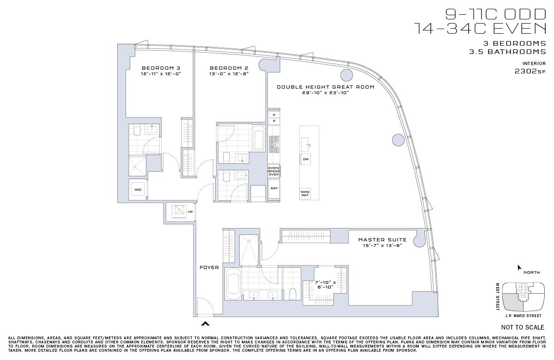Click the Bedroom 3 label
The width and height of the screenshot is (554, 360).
(x=161, y=68)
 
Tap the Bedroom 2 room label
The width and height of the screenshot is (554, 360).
(x=229, y=68)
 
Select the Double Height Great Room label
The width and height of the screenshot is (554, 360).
(x=325, y=87)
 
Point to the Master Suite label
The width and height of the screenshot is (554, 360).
(x=382, y=240)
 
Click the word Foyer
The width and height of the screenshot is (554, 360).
(x=209, y=268)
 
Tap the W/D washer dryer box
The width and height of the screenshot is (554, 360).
(x=138, y=190)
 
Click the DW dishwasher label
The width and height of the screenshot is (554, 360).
(x=306, y=159)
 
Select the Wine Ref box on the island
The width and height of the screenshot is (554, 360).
(x=305, y=193)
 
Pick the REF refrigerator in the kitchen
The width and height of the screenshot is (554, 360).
(x=274, y=188)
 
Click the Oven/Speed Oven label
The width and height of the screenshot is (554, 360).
(x=274, y=171)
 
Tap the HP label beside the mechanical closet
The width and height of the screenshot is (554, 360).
(x=190, y=212)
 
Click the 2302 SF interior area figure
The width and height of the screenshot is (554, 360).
(x=530, y=72)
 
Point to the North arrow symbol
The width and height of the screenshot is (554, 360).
(x=519, y=268)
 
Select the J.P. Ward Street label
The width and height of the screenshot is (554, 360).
(x=524, y=316)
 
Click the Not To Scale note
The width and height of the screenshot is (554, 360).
(x=523, y=327)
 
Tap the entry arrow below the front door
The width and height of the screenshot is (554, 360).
(x=205, y=324)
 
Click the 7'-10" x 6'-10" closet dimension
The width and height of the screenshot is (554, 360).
(x=325, y=285)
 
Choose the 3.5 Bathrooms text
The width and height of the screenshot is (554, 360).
(x=508, y=52)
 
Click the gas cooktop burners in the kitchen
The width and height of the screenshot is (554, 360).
(x=274, y=144)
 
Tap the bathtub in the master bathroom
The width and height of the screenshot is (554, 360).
(x=233, y=284)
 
